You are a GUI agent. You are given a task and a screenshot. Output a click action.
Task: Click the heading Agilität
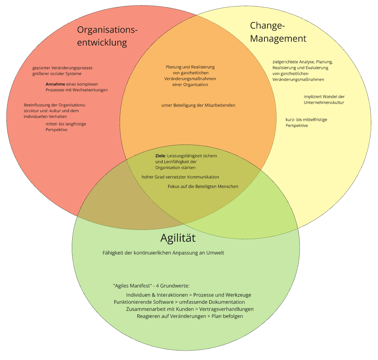tap(178, 238)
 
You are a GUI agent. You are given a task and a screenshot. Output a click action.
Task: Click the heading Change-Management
tap(278, 32)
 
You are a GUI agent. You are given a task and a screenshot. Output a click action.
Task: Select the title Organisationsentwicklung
tap(107, 36)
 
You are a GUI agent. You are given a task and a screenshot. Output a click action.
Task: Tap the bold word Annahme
tap(55, 84)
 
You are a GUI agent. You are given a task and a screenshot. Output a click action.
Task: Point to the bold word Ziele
tap(161, 156)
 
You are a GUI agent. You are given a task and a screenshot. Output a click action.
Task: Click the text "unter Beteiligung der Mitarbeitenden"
tap(198, 105)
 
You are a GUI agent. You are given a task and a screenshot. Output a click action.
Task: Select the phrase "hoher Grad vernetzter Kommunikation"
tap(180, 177)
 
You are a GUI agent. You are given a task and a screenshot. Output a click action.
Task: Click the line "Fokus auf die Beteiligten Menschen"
tap(203, 186)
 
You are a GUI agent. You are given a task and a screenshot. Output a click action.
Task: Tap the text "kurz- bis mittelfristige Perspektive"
tap(306, 122)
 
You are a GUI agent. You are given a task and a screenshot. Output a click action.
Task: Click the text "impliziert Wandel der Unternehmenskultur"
tap(324, 100)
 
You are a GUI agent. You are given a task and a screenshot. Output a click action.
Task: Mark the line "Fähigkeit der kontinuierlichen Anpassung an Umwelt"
tap(163, 253)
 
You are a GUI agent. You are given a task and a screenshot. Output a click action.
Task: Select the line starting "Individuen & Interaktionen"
tap(188, 295)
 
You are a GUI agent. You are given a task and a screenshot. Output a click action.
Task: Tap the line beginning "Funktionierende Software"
tap(179, 302)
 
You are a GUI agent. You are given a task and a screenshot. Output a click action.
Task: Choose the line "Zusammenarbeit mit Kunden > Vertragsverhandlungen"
tap(190, 309)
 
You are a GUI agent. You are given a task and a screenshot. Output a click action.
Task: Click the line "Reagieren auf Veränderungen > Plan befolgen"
tap(190, 316)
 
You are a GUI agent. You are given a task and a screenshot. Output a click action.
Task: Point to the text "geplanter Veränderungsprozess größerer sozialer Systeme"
tap(62, 71)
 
